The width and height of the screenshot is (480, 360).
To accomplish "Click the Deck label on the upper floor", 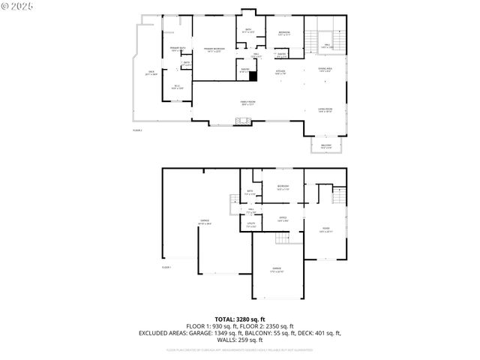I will [151, 73].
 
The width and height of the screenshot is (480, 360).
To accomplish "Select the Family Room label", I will [247, 103].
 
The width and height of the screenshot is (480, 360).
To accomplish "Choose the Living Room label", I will [325, 109].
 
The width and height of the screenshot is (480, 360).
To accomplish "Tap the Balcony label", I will [326, 146].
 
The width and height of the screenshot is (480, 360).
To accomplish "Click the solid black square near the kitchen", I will [253, 75].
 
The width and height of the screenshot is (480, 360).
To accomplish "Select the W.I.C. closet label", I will [177, 86].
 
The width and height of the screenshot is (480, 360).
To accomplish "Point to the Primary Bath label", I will [178, 49].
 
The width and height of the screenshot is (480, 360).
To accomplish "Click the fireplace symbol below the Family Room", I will [242, 121].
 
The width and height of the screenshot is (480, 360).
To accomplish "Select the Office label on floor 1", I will [283, 219].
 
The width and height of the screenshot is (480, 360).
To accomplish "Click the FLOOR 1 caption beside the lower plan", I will [166, 267].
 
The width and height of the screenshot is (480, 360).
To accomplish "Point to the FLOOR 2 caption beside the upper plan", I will [137, 130].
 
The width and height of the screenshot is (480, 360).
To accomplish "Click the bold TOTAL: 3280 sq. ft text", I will [240, 319].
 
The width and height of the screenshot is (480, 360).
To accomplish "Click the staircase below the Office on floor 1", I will [282, 239].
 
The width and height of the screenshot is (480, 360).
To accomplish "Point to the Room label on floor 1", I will [325, 229].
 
